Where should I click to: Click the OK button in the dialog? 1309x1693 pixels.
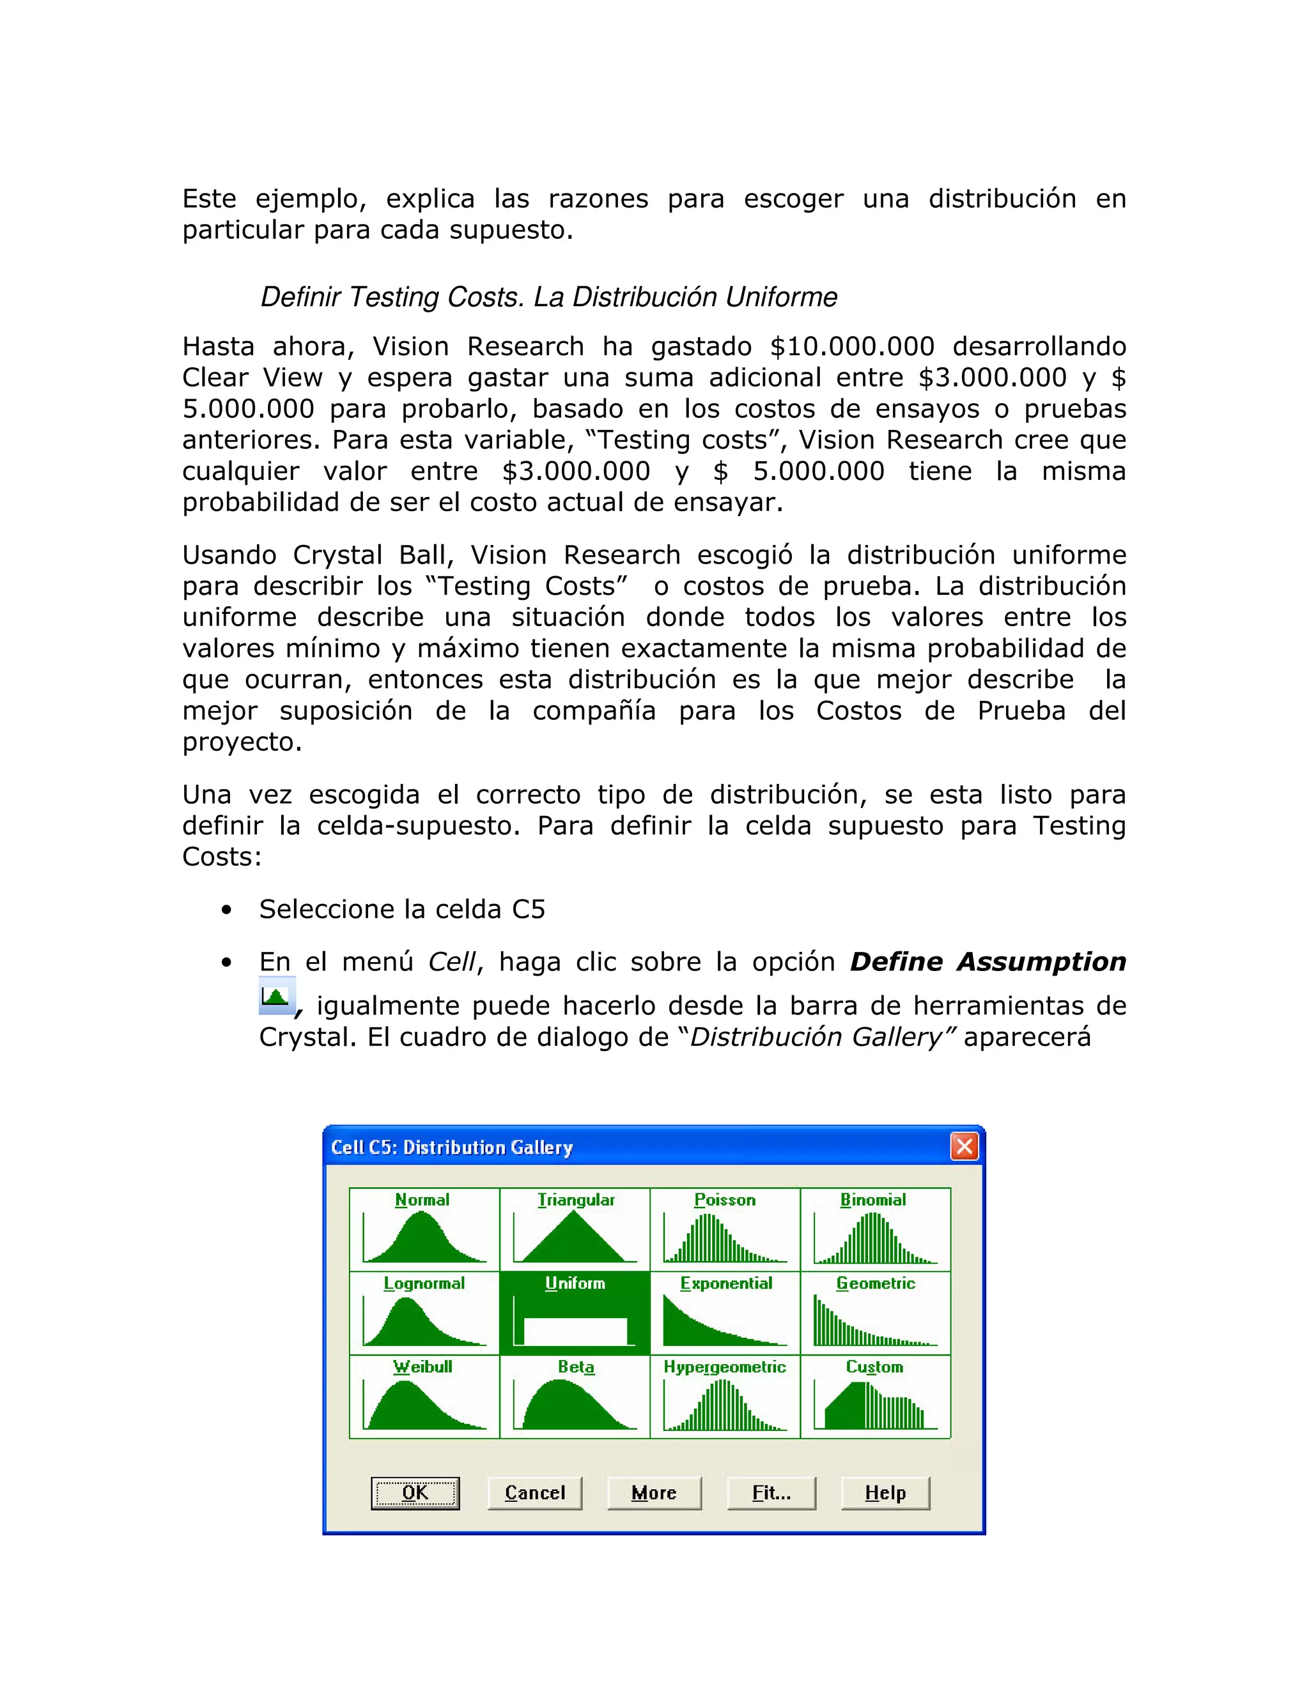415,1493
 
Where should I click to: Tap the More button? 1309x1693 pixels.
654,1493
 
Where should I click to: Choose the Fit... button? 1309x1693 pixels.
771,1493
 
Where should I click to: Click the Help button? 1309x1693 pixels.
885,1493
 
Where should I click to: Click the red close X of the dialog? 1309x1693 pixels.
964,1147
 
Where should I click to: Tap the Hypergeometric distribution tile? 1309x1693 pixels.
725,1397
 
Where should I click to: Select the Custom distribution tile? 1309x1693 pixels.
876,1397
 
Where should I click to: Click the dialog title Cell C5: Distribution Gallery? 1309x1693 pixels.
452,1147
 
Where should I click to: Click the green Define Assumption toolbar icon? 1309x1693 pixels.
276,996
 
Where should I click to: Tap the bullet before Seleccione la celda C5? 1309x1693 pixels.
226,910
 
